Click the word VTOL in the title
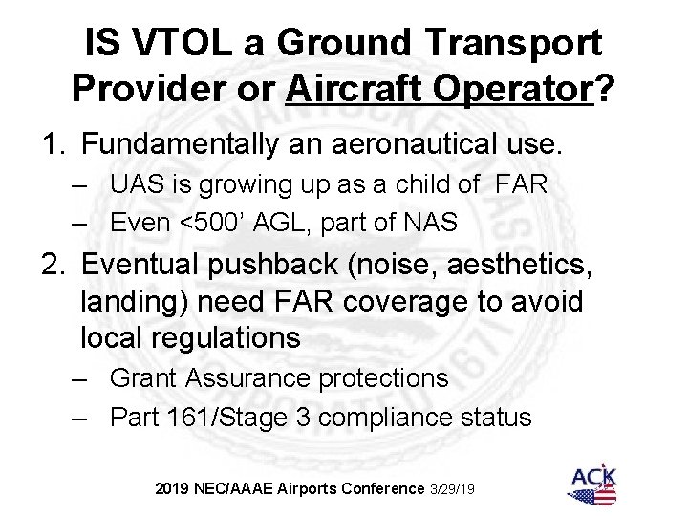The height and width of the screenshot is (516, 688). tap(192, 44)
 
